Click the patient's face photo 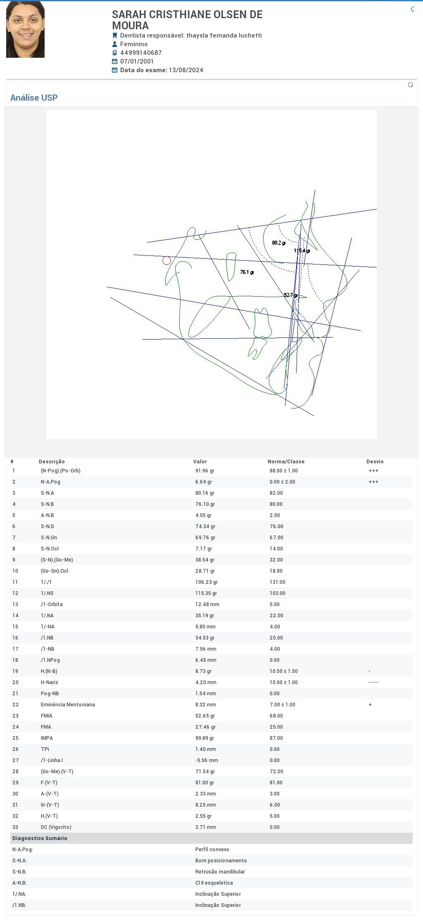pyautogui.click(x=25, y=29)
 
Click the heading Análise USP pyautogui.click(x=34, y=98)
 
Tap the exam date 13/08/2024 pyautogui.click(x=186, y=70)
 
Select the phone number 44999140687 pyautogui.click(x=141, y=53)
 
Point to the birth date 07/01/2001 pyautogui.click(x=137, y=61)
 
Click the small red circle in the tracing pyautogui.click(x=166, y=260)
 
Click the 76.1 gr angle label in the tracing pyautogui.click(x=247, y=272)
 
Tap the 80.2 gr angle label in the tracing pyautogui.click(x=278, y=243)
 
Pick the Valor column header pyautogui.click(x=200, y=462)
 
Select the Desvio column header pyautogui.click(x=375, y=462)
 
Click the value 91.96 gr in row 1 pyautogui.click(x=205, y=471)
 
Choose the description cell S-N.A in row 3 pyautogui.click(x=47, y=493)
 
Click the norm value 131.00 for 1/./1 pyautogui.click(x=277, y=582)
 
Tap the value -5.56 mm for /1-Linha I pyautogui.click(x=207, y=760)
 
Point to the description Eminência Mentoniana pyautogui.click(x=68, y=705)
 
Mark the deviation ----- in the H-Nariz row pyautogui.click(x=373, y=682)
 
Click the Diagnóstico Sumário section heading pyautogui.click(x=40, y=838)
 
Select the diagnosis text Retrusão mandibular pyautogui.click(x=220, y=872)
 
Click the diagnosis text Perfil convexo pyautogui.click(x=212, y=850)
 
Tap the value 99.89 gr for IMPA pyautogui.click(x=205, y=738)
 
